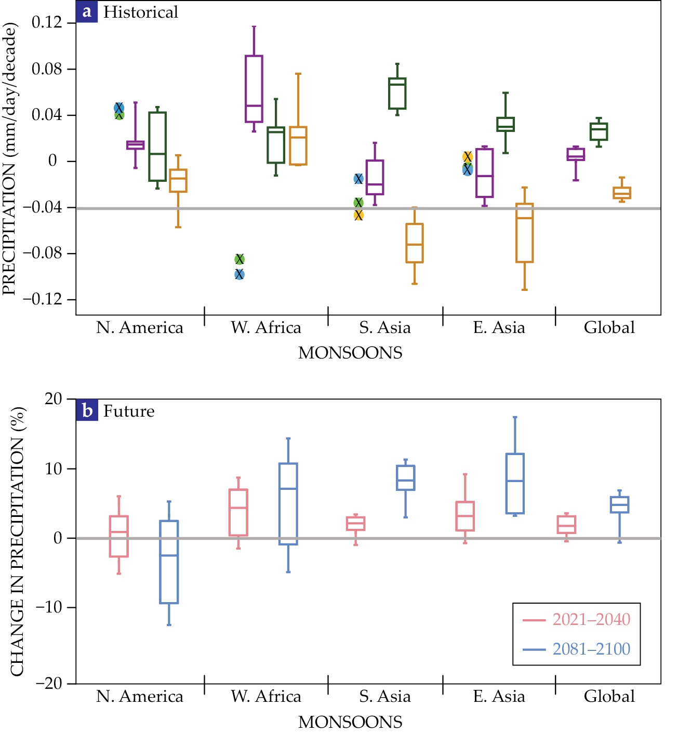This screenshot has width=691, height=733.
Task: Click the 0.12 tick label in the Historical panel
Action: pos(47,22)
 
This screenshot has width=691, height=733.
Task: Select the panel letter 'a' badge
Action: pos(87,11)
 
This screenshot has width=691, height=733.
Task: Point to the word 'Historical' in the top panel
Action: pos(140,12)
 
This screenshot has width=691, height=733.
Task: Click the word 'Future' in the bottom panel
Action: pos(129,411)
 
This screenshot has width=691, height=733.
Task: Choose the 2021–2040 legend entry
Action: pos(576,619)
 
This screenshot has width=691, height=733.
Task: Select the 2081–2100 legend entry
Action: pos(576,649)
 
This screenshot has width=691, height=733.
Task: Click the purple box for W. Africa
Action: pos(254,88)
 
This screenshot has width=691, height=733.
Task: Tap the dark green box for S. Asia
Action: pos(397,94)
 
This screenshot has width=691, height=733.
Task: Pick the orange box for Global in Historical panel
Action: pos(622,193)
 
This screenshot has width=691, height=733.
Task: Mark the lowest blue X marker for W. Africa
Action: pos(240,274)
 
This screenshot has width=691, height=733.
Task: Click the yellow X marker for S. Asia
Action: pos(358,215)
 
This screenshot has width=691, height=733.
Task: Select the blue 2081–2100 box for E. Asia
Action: pos(515,484)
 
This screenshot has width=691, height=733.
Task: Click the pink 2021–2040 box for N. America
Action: pos(118,536)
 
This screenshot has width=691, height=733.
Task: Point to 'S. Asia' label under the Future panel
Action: pos(385,696)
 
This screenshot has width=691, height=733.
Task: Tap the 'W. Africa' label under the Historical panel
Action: pos(266,328)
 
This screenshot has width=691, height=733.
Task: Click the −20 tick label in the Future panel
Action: pos(49,683)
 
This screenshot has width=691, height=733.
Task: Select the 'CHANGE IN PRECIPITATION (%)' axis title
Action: pos(17,541)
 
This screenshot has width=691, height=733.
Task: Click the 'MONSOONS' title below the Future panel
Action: pos(350,722)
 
